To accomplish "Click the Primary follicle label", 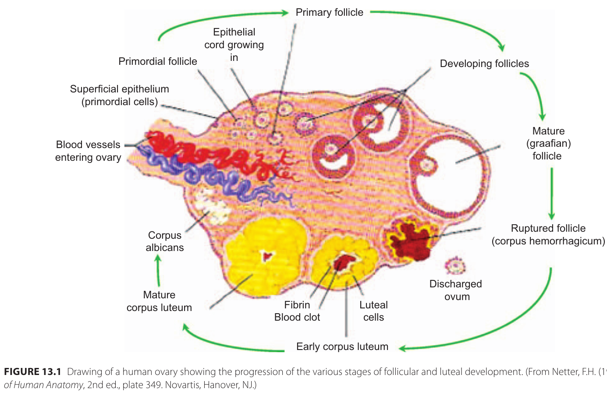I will pyautogui.click(x=329, y=12).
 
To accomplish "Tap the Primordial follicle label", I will pyautogui.click(x=158, y=61).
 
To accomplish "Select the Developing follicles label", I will pyautogui.click(x=484, y=64).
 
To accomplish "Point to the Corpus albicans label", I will pyautogui.click(x=165, y=241).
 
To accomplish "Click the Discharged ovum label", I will pyautogui.click(x=456, y=290).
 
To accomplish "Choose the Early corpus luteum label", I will pyautogui.click(x=342, y=346).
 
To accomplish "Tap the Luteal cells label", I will pyautogui.click(x=373, y=311).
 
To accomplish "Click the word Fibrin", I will pyautogui.click(x=297, y=305).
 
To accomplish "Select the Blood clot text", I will pyautogui.click(x=297, y=317).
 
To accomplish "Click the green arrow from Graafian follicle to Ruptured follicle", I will pyautogui.click(x=551, y=193).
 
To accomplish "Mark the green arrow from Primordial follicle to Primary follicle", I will pyautogui.click(x=219, y=20).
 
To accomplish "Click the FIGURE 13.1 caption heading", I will pyautogui.click(x=32, y=372).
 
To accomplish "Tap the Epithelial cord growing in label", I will pyautogui.click(x=234, y=45).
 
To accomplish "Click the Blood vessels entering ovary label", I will pyautogui.click(x=88, y=151).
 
